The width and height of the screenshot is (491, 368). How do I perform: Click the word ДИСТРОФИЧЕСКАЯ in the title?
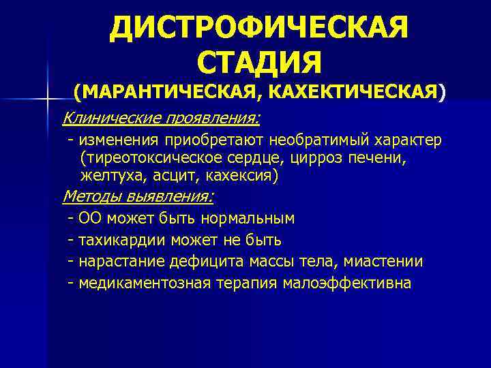pos(258,29)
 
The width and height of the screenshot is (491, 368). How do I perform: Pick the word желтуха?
pos(110,176)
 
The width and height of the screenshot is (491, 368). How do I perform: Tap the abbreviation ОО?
pos(89,219)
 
